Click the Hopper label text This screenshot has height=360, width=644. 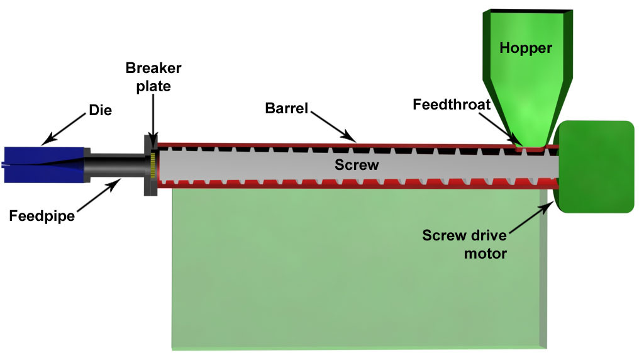coord(526,47)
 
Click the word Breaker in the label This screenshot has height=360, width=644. coord(153,68)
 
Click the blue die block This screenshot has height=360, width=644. coord(44,165)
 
